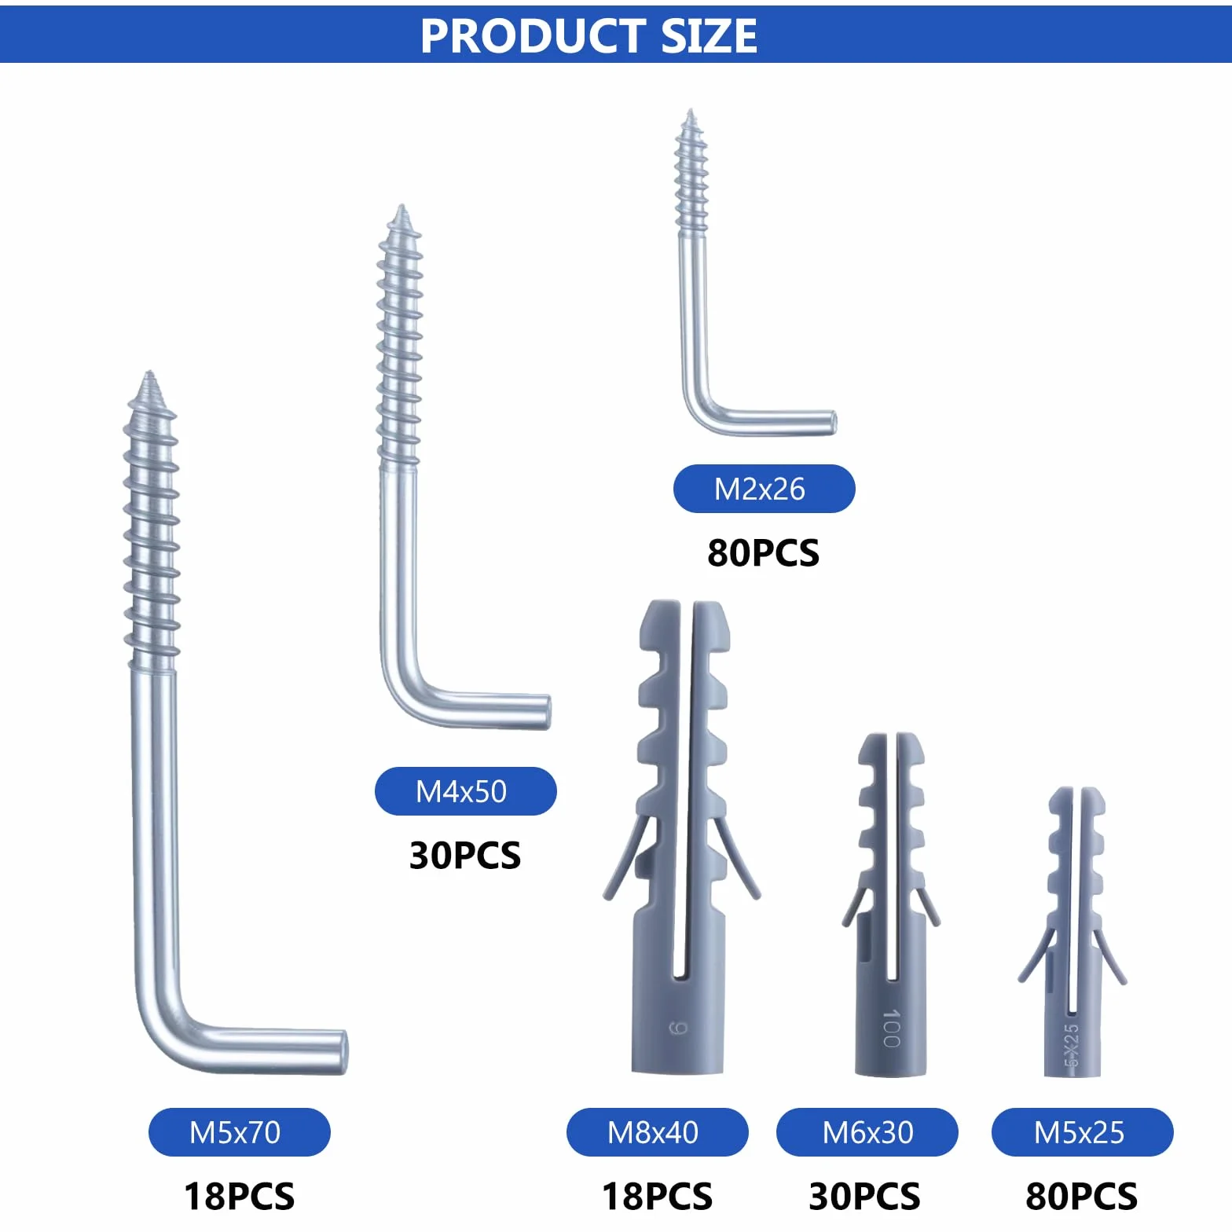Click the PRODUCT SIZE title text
pyautogui.click(x=588, y=35)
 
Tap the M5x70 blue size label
pyautogui.click(x=239, y=1132)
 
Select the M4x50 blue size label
pyautogui.click(x=465, y=791)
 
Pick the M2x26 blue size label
pyautogui.click(x=764, y=489)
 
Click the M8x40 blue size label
pyautogui.click(x=657, y=1132)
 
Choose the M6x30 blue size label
pyautogui.click(x=867, y=1132)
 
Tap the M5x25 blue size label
pyautogui.click(x=1082, y=1132)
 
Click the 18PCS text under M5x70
pyautogui.click(x=240, y=1197)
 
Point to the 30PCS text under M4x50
pyautogui.click(x=465, y=856)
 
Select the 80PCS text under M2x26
pyautogui.click(x=764, y=553)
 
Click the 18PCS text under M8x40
pyautogui.click(x=658, y=1197)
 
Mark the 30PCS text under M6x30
pyautogui.click(x=865, y=1197)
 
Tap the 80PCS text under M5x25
pyautogui.click(x=1082, y=1197)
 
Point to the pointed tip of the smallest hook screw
pyautogui.click(x=690, y=110)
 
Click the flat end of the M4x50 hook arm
pyautogui.click(x=547, y=713)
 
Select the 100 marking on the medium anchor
pyautogui.click(x=891, y=1028)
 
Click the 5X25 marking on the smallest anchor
pyautogui.click(x=1071, y=1044)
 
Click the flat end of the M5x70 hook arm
pyautogui.click(x=343, y=1052)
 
